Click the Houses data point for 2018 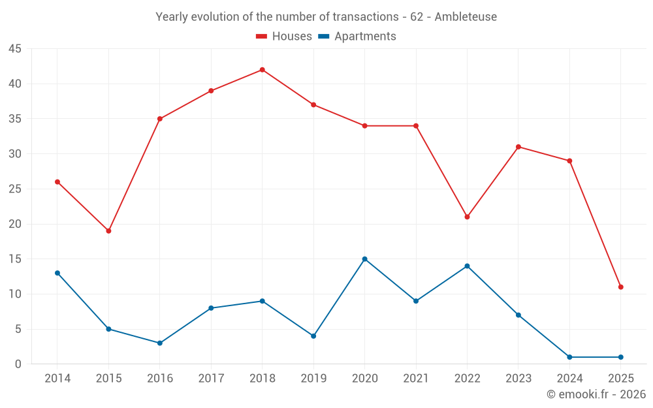262,70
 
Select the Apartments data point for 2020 364,259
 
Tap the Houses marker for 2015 108,231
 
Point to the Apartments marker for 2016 159,343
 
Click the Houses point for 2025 620,287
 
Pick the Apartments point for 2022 467,266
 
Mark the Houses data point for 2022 467,217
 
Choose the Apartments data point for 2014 57,273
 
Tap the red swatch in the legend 262,37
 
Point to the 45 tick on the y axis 15,49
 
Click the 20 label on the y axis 15,224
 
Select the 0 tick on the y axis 18,364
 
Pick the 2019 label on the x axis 313,379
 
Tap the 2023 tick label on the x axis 518,379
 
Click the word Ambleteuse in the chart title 465,17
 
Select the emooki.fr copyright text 596,394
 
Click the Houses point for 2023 518,147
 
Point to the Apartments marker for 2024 569,357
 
